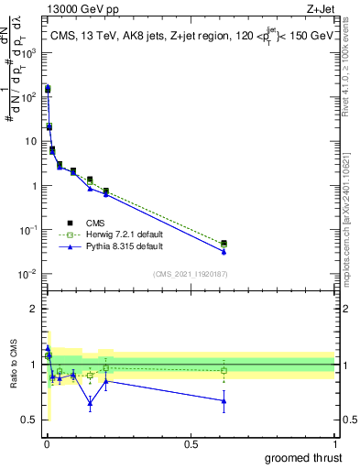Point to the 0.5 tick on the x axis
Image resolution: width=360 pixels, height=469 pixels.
tap(191, 442)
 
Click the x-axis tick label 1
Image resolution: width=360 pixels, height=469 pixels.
tap(334, 442)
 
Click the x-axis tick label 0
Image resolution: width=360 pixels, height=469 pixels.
tap(47, 442)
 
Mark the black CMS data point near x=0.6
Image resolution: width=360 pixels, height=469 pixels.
tap(224, 243)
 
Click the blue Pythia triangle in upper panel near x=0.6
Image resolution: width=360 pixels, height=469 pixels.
tap(224, 251)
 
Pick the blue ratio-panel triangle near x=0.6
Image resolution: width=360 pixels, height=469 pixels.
tap(224, 400)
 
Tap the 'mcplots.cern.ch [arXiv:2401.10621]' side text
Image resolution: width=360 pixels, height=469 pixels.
tap(352, 202)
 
